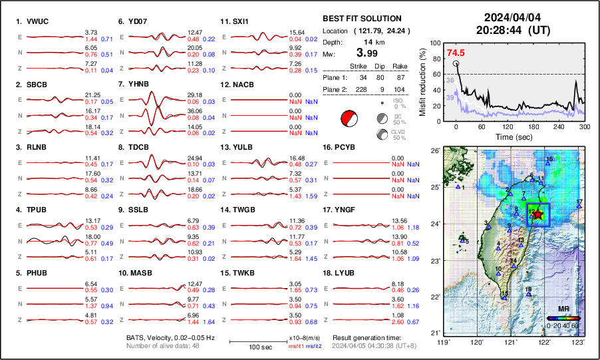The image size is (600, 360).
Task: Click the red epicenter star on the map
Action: pos(537,214)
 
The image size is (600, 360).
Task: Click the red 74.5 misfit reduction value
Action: pos(456,53)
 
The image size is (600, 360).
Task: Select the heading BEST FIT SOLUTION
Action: pos(362,19)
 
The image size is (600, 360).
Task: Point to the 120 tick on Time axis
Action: pos(508,126)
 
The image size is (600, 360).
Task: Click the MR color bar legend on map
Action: pos(563,318)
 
